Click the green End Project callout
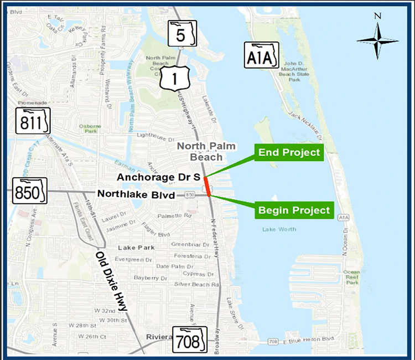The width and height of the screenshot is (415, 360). coord(288,152)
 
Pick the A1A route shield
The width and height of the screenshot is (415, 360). coord(260,55)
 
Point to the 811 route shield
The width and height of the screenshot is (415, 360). coord(33,121)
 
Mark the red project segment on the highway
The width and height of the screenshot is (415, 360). coord(207,187)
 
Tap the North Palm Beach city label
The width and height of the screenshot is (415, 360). coord(206,152)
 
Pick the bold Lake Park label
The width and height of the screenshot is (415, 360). coord(135,247)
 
